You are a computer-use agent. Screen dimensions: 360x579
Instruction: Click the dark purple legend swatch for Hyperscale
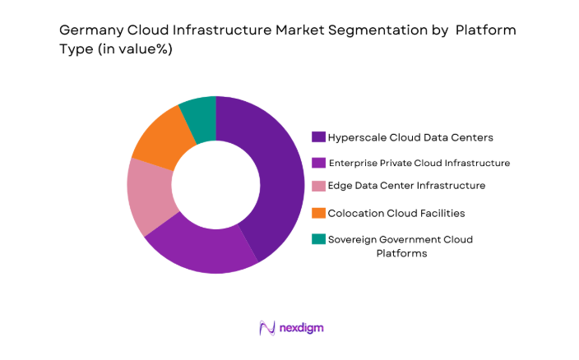pos(317,136)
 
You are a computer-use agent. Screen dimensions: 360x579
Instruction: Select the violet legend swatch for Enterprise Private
pos(317,162)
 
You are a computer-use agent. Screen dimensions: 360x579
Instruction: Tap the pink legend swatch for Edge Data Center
pos(317,186)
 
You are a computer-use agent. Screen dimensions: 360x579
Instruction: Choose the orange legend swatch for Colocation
pos(317,213)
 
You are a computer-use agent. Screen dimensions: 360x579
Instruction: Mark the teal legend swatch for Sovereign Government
pos(317,239)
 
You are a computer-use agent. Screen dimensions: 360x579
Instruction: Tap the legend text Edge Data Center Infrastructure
pos(406,186)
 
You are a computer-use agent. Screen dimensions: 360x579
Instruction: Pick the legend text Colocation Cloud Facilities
pos(396,213)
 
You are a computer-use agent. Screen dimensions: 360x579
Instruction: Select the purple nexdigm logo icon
pos(266,327)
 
